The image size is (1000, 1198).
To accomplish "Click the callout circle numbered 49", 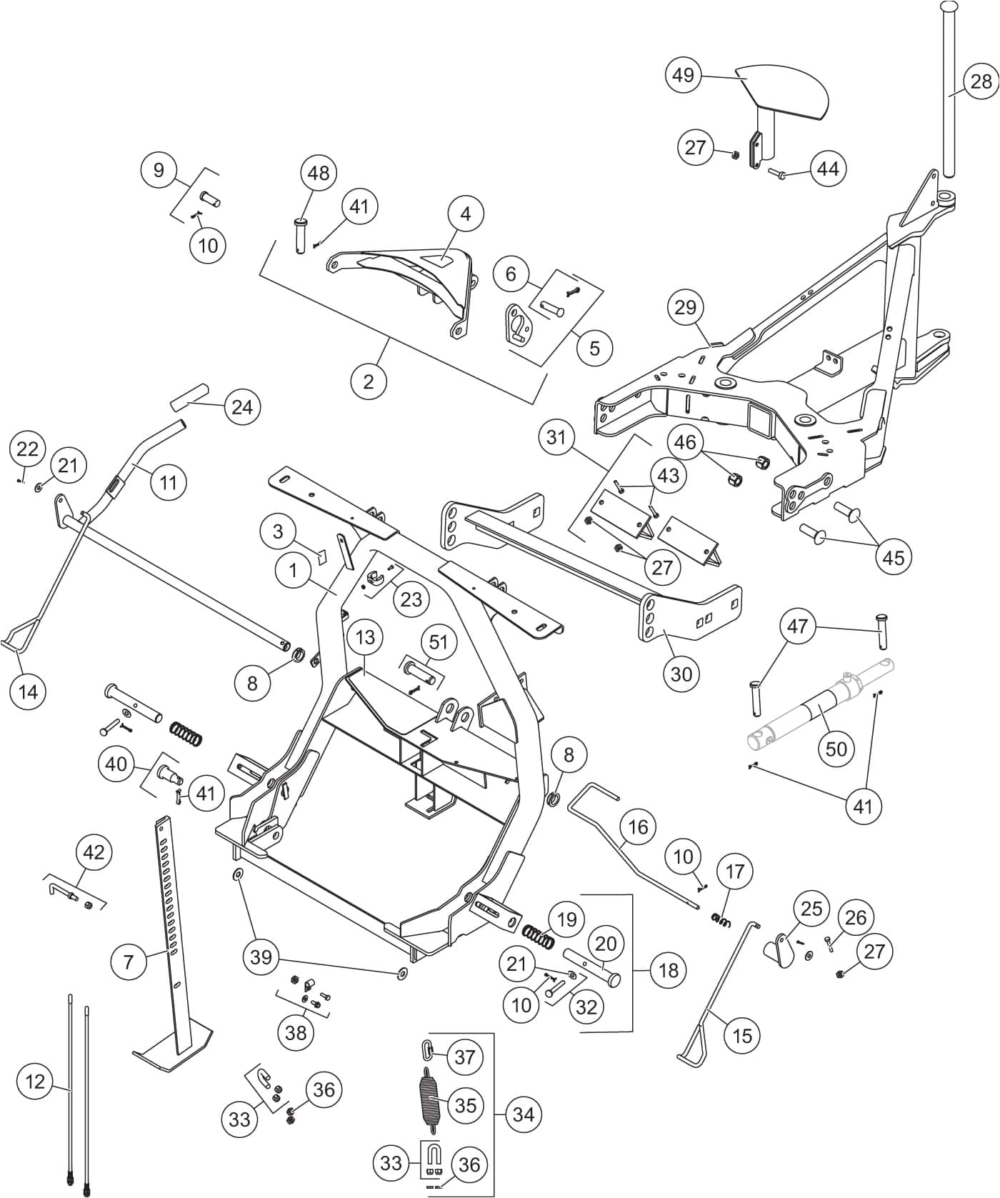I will point(684,75).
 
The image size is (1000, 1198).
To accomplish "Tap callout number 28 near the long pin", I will point(981,81).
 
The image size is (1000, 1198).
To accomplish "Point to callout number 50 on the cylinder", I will point(836,748).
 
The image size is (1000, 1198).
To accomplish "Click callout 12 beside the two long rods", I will point(35,1082).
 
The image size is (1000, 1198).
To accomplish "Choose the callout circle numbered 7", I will point(129,961).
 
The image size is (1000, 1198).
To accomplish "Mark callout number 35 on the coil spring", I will point(465,1105).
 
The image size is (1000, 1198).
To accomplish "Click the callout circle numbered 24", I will point(242,406).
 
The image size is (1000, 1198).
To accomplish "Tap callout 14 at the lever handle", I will point(29,691).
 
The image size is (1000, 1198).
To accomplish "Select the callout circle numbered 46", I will point(685,442).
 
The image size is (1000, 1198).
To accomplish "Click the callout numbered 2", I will point(368,381).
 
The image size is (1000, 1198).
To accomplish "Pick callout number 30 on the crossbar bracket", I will point(681,673).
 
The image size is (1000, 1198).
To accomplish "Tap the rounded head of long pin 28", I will point(949,6).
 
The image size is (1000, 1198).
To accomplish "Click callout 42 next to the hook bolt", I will point(94,852).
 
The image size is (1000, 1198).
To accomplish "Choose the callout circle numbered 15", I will point(742,1034).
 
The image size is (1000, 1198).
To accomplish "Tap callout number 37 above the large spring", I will point(464,1057).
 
